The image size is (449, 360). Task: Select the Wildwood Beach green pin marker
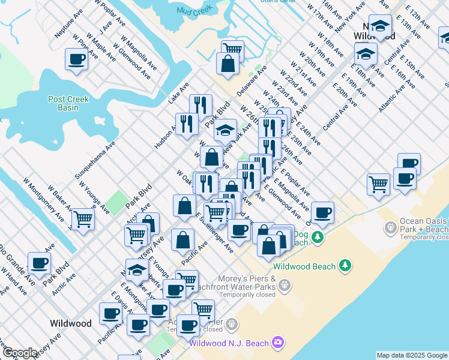[x=345, y=265]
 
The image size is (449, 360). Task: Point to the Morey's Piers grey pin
[x=285, y=287]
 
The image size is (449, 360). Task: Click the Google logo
[x=20, y=353]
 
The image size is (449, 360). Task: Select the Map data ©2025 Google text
[x=412, y=355]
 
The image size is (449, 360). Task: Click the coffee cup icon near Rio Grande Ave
[x=40, y=263]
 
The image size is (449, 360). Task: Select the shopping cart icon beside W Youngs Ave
[x=83, y=218]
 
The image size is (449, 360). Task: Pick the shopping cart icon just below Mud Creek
[x=232, y=49]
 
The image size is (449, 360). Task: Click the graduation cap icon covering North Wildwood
[x=379, y=26]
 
